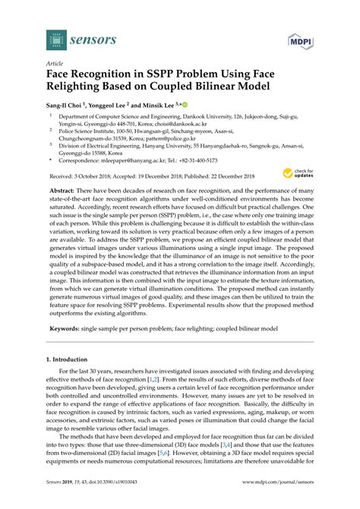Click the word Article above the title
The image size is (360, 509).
pos(54,65)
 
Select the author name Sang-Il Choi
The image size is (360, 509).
pos(70,105)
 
